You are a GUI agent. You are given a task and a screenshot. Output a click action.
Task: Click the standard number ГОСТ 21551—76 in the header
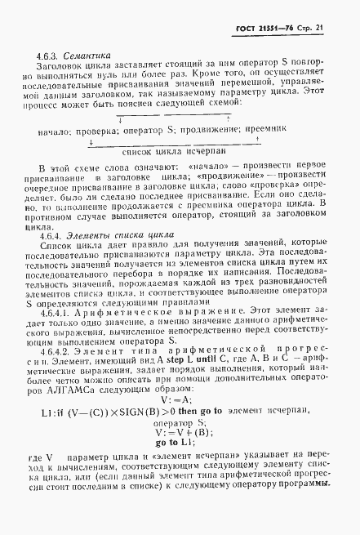(x=273, y=27)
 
